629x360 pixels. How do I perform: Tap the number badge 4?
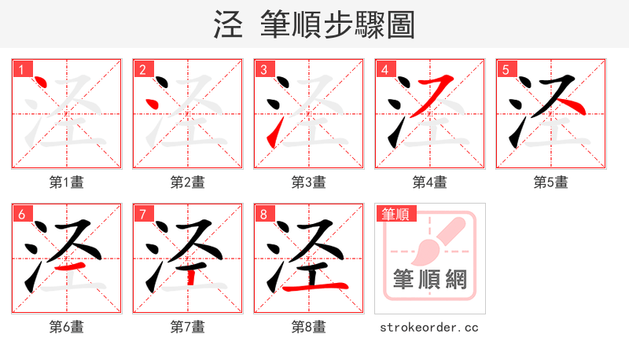(384, 69)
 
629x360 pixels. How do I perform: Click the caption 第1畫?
(66, 182)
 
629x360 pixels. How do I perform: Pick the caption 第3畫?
(308, 182)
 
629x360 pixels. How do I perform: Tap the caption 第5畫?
(550, 182)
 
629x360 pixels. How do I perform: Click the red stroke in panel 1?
(42, 83)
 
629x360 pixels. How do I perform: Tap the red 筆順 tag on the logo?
(396, 214)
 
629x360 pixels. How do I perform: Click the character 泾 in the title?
(229, 24)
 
